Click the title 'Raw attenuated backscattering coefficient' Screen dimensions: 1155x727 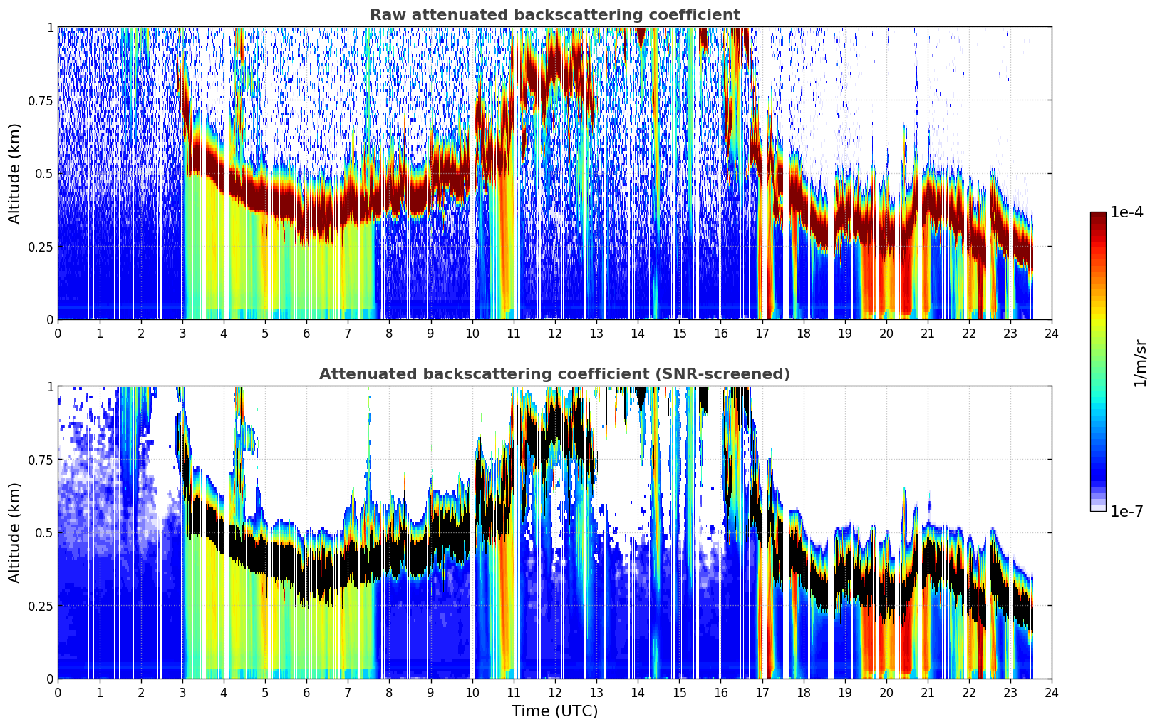coord(555,14)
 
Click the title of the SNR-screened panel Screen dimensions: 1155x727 coord(555,373)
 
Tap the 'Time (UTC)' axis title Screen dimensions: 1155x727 coord(555,711)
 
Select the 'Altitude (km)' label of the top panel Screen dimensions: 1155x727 coord(14,173)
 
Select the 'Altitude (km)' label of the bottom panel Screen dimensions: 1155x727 coord(14,532)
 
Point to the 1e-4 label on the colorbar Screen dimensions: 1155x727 coord(1126,212)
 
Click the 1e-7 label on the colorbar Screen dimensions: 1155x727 coord(1126,511)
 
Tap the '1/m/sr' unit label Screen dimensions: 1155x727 coord(1140,363)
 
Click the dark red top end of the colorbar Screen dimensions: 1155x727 coord(1098,215)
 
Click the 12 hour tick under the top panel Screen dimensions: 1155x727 coord(555,333)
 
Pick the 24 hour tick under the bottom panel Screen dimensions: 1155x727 coord(1052,692)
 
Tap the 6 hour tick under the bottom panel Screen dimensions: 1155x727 coord(306,692)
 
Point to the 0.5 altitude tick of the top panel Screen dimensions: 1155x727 coord(44,174)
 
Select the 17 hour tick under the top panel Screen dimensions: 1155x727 coord(762,333)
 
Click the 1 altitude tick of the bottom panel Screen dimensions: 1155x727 coord(51,387)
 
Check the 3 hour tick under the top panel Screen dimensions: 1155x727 coord(182,333)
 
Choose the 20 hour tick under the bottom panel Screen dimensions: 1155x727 coord(886,692)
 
